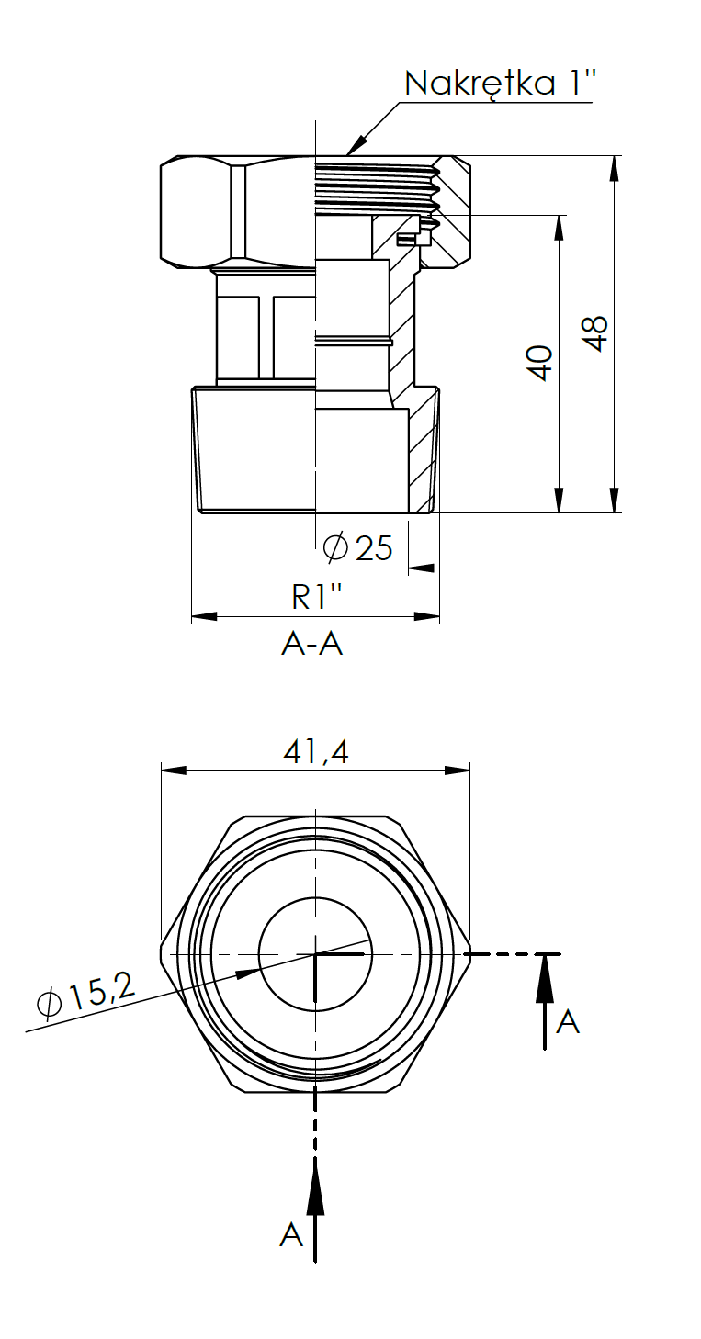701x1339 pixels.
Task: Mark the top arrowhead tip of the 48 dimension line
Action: [x=614, y=157]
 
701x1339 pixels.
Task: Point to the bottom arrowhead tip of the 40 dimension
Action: [x=560, y=512]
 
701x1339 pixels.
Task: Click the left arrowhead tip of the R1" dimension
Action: [x=192, y=616]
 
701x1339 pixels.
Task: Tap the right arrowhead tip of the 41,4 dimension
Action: [x=469, y=771]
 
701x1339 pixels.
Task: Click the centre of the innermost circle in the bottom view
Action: [x=315, y=954]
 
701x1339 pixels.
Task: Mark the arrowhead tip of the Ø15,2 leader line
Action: [x=259, y=971]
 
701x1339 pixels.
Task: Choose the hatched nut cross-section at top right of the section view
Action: [x=450, y=211]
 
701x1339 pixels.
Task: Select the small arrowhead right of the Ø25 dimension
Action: [x=423, y=567]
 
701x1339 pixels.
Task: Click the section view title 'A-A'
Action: [x=312, y=645]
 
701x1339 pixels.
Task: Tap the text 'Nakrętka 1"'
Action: [x=501, y=83]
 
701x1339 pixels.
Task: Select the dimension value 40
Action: [x=540, y=362]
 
